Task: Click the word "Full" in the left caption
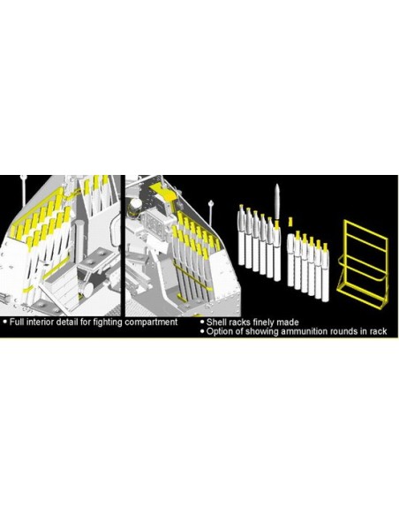17,322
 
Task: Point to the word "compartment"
151,322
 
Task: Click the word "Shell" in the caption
215,322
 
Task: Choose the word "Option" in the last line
219,331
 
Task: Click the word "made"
288,322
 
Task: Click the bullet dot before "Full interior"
5,322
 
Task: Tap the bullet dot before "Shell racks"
202,322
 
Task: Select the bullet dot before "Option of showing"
202,331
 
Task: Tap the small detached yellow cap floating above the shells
290,221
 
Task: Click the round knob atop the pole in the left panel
23,178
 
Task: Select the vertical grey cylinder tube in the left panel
79,242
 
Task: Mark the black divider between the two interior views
123,245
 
